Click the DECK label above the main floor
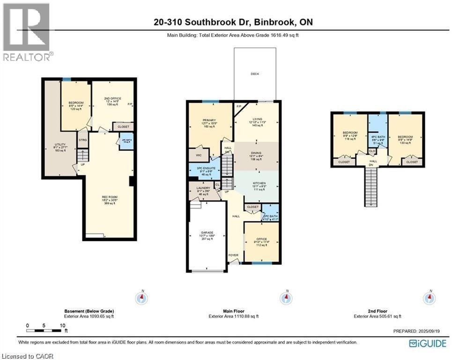(255, 74)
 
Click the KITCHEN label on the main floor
(259, 183)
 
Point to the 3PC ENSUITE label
(206, 168)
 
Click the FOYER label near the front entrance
(233, 255)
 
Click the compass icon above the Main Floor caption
(284, 298)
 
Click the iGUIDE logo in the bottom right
(428, 344)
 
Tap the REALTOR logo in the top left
(27, 32)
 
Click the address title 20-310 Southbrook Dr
(233, 22)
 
